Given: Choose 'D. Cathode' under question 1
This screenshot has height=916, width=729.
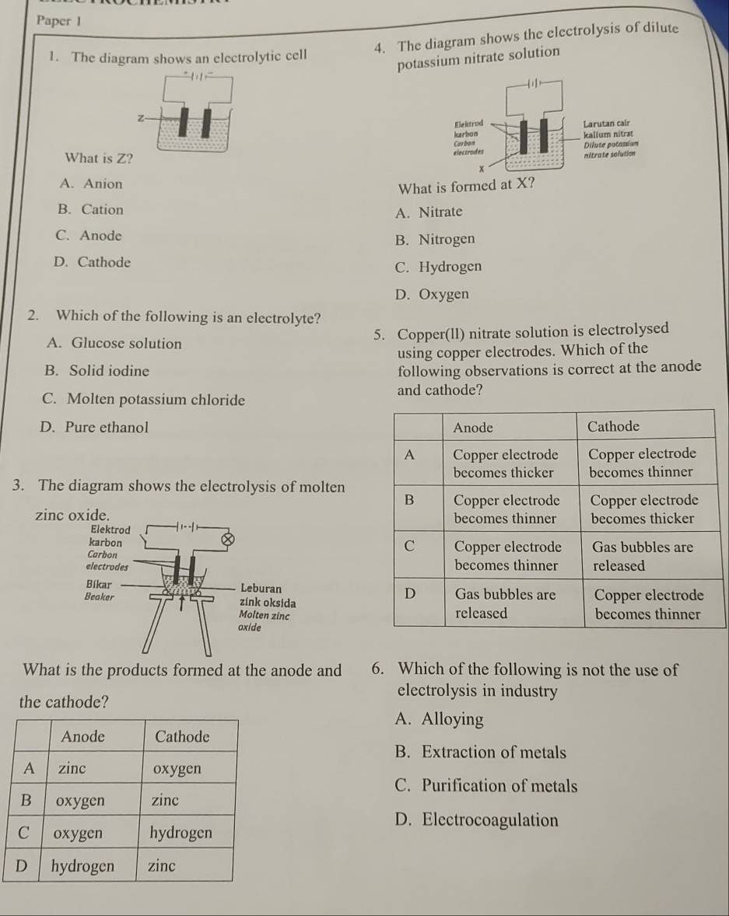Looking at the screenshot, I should [93, 262].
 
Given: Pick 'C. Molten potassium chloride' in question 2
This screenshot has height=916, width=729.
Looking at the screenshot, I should [144, 400].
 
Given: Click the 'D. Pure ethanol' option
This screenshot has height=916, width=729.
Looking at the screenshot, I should [96, 427].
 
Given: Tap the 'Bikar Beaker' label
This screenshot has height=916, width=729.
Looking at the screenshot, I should [99, 589].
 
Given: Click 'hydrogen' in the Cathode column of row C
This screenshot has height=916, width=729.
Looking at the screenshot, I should [180, 832].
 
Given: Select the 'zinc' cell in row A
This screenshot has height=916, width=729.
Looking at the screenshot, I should [72, 768].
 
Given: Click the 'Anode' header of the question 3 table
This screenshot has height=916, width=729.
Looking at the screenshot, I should [82, 736].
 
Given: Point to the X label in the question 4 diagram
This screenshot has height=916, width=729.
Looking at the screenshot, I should [481, 168].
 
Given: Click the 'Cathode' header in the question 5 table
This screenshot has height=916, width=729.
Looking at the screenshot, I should [614, 426].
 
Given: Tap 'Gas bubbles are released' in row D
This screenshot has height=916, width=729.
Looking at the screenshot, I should [504, 603].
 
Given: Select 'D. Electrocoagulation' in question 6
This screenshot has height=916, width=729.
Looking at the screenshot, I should [476, 820].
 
